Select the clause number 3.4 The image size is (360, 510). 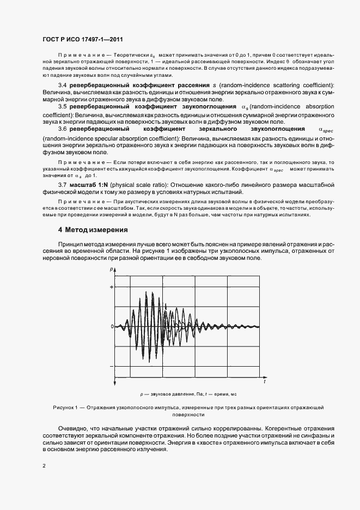tap(63, 86)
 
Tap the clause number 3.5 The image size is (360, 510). tap(63, 107)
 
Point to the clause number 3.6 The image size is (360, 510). tap(63, 129)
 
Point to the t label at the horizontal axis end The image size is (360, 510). tap(264, 383)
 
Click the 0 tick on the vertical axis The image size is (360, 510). tap(111, 326)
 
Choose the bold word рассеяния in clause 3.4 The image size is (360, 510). tap(183, 86)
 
